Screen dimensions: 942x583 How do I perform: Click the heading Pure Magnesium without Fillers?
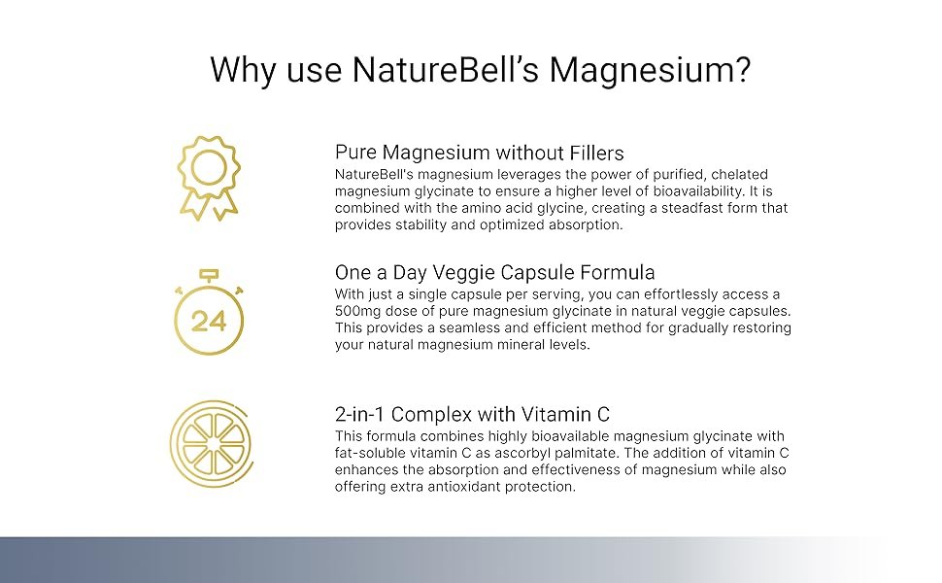[480, 153]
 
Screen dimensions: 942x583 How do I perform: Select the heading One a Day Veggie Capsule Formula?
[494, 272]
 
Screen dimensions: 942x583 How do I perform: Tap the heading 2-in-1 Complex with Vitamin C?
[472, 414]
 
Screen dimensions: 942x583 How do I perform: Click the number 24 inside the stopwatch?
[209, 322]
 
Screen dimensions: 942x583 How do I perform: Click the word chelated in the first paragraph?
[741, 174]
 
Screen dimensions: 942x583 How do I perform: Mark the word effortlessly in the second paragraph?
[680, 294]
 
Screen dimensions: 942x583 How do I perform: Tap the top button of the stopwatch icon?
[209, 275]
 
